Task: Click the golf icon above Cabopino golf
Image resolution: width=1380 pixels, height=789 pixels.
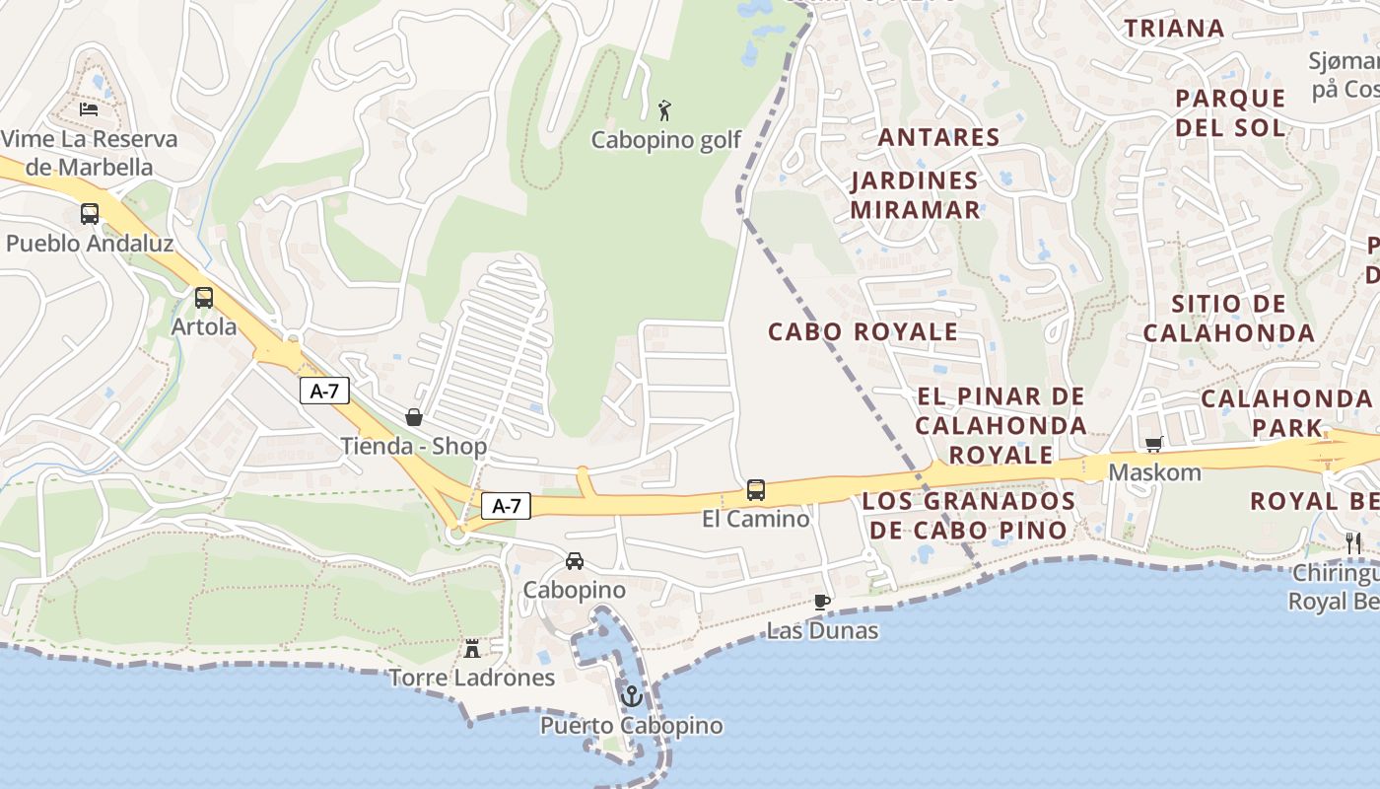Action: (x=665, y=110)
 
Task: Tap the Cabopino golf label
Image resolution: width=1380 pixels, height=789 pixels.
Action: (x=665, y=140)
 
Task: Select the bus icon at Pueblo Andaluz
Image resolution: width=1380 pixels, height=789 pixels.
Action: (x=90, y=214)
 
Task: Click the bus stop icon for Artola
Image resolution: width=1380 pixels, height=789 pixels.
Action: (x=204, y=297)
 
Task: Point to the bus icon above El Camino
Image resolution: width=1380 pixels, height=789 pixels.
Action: (x=756, y=489)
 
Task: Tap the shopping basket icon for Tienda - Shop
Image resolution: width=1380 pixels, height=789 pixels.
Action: (x=414, y=417)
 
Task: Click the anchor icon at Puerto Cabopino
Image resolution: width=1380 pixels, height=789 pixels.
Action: (x=631, y=696)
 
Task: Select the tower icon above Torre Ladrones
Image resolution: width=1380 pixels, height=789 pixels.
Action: (x=472, y=648)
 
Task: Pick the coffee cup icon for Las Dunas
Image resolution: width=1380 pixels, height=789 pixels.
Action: (x=822, y=602)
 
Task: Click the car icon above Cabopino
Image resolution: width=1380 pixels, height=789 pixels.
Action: (x=575, y=561)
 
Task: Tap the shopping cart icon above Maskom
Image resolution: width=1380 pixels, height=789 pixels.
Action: (x=1153, y=444)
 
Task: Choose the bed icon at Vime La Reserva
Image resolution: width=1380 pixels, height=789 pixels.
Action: (x=89, y=108)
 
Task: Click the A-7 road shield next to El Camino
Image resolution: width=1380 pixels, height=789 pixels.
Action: (x=506, y=506)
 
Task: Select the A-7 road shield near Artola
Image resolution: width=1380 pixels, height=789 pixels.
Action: (x=324, y=391)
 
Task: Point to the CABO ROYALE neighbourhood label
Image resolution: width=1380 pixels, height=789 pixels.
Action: (x=862, y=331)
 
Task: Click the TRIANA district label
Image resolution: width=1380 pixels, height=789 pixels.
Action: (x=1174, y=29)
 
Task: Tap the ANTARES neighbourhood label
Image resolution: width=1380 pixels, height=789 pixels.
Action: (x=938, y=137)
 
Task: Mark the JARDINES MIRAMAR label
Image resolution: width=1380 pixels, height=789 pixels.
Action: (x=915, y=195)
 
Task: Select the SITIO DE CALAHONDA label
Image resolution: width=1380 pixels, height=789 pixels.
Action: (x=1228, y=318)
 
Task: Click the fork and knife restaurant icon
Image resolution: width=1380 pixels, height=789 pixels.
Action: (x=1353, y=542)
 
